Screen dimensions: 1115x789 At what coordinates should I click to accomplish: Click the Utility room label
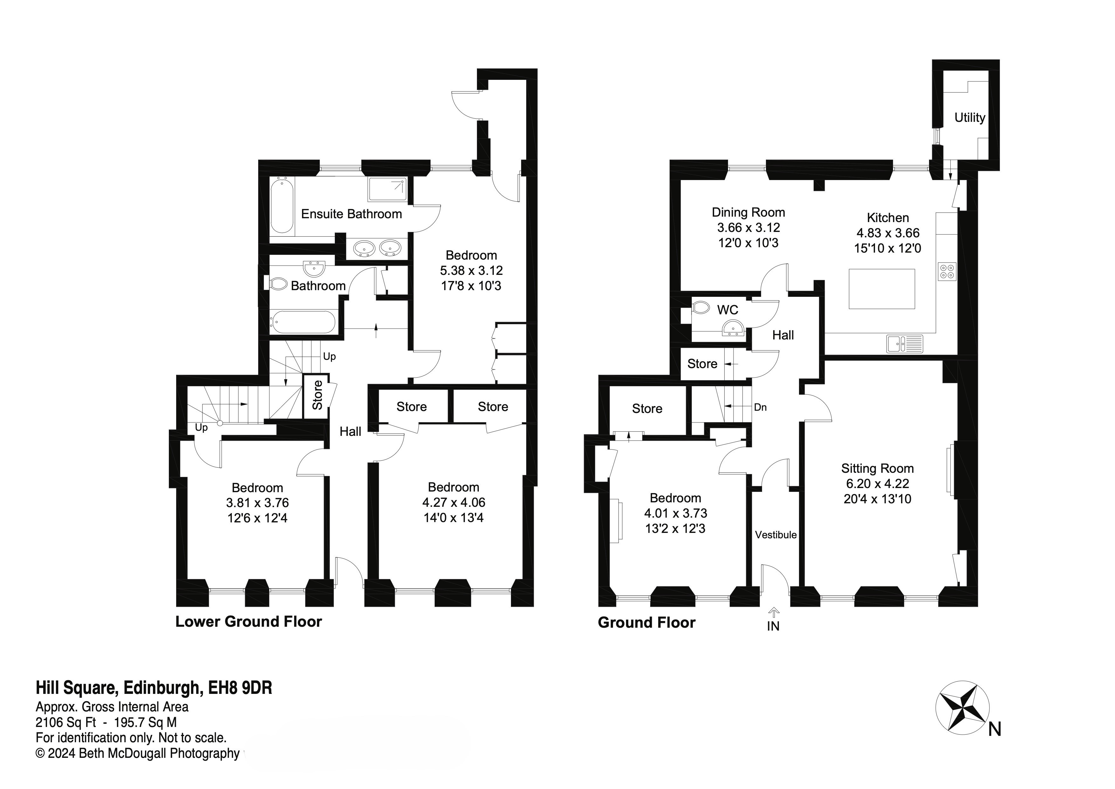click(969, 118)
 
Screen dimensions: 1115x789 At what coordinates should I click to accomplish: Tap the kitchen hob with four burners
click(947, 271)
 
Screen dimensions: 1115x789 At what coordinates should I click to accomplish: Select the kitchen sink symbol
click(905, 344)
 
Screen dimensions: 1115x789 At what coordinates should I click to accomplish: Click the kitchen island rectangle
click(882, 289)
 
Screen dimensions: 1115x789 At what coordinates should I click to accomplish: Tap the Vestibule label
click(775, 535)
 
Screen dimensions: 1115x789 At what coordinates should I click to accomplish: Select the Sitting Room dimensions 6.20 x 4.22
click(877, 483)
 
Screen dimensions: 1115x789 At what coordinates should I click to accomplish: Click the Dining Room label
click(748, 212)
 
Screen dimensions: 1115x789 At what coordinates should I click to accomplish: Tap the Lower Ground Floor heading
click(248, 622)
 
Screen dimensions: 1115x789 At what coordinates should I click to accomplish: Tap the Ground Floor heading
click(646, 623)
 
